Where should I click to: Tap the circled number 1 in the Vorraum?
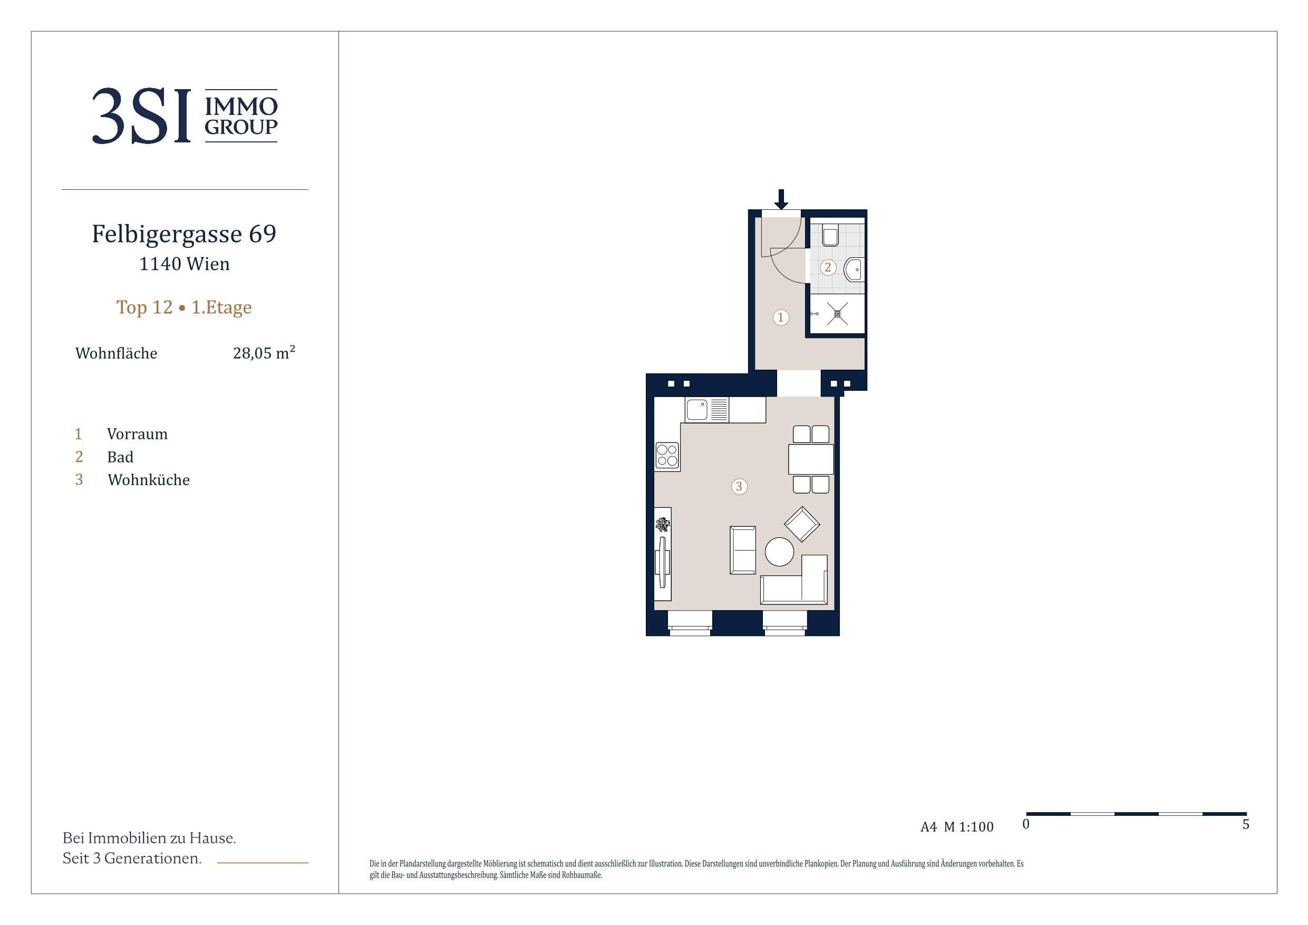[780, 317]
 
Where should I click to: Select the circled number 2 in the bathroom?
[828, 267]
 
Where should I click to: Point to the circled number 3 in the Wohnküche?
[739, 486]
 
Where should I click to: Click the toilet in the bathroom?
[830, 234]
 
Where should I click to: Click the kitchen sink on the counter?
[697, 410]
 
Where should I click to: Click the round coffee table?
[779, 552]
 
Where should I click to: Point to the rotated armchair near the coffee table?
[802, 524]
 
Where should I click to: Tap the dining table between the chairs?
[811, 459]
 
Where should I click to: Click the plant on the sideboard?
[663, 524]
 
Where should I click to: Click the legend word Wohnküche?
[149, 480]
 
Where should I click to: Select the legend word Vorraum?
[137, 435]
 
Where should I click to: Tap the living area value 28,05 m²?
[264, 352]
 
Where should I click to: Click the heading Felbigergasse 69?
[184, 234]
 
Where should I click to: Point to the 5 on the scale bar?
[1246, 824]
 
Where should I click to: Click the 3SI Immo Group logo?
[185, 115]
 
